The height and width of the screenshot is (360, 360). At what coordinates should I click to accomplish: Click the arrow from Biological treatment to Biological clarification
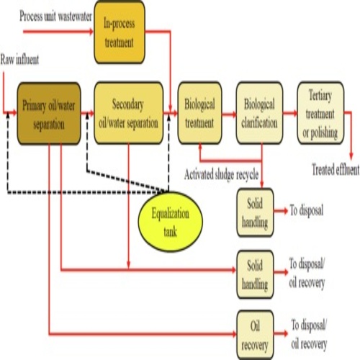coord(228,113)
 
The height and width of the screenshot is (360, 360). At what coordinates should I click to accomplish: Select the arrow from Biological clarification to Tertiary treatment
coord(289,113)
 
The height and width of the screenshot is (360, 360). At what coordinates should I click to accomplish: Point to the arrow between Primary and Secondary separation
coord(86,113)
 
